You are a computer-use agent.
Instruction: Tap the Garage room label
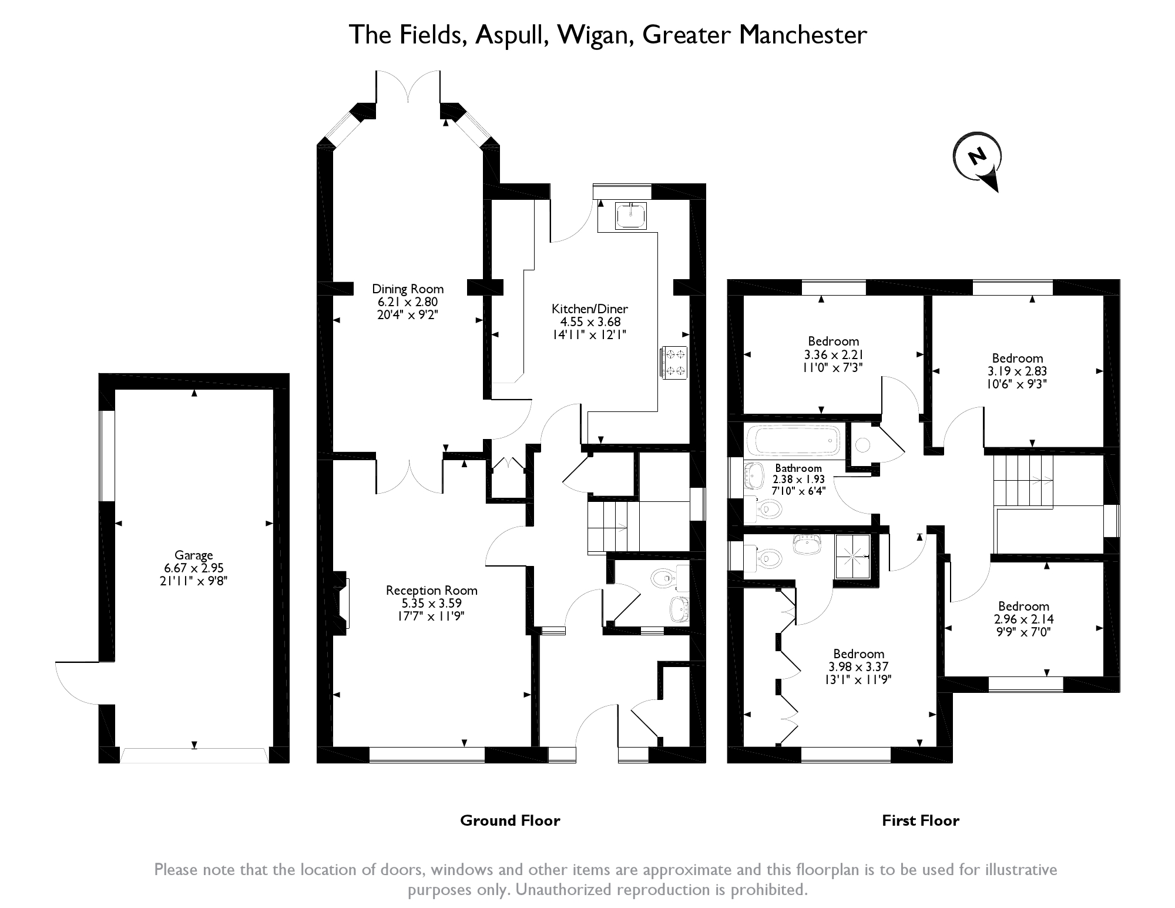[194, 555]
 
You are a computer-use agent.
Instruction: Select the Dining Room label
[408, 289]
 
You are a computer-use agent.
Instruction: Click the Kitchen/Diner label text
[590, 309]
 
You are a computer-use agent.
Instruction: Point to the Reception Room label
[432, 590]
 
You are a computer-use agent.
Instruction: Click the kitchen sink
[631, 216]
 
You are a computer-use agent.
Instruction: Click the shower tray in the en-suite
[852, 556]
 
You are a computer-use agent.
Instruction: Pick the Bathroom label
[798, 468]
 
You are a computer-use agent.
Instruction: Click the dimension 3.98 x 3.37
[858, 667]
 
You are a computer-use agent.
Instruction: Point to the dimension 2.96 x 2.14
[1023, 619]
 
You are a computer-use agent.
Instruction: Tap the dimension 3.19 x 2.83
[1017, 371]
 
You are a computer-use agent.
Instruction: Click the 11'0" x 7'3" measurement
[833, 367]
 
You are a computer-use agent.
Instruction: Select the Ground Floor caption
[510, 820]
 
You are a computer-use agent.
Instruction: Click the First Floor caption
[921, 820]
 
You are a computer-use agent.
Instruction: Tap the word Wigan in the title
[595, 35]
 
